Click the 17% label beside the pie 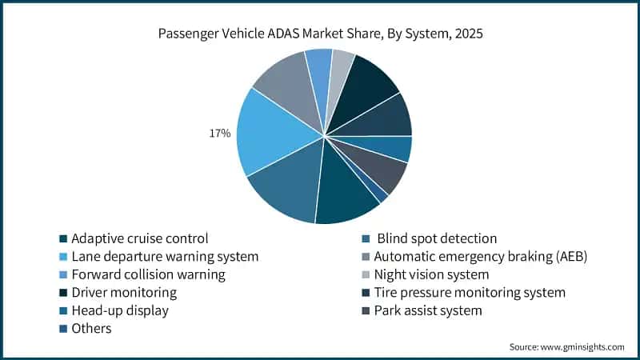tap(220, 133)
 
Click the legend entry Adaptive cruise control tap(139, 238)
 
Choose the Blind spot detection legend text tap(437, 238)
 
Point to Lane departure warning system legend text tap(165, 256)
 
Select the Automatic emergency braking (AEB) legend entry tap(480, 256)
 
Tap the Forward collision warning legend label tap(148, 274)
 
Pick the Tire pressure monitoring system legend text tap(470, 292)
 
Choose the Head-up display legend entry tap(120, 310)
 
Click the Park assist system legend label tap(428, 310)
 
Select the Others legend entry tap(91, 329)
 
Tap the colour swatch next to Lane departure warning tap(63, 257)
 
